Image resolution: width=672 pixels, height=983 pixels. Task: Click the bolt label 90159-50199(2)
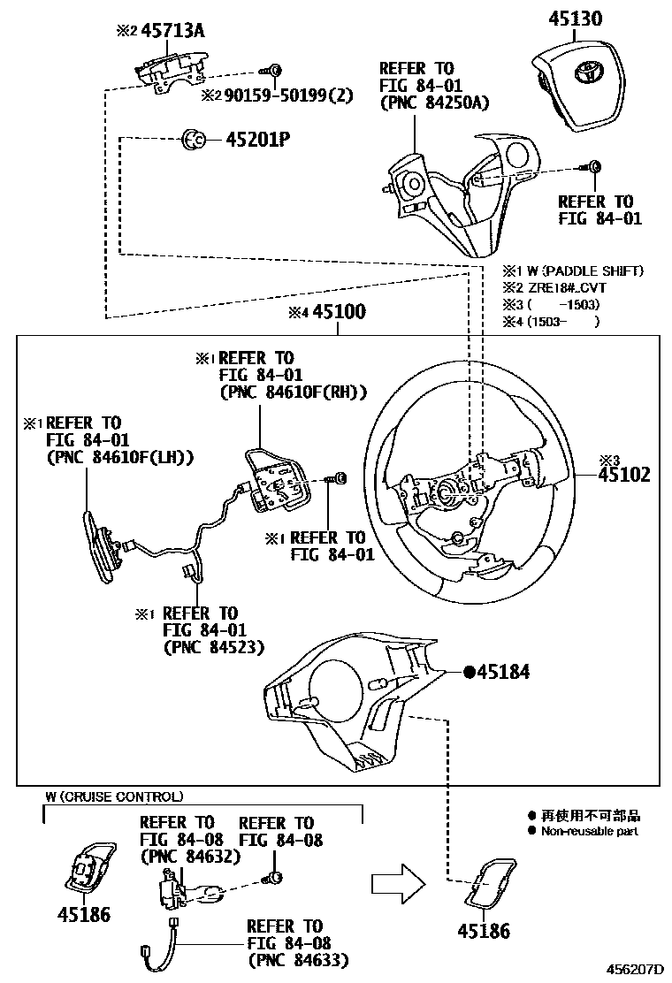[277, 95]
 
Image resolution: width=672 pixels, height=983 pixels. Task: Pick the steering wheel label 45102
[623, 475]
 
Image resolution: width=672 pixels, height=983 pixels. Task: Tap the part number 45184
[503, 673]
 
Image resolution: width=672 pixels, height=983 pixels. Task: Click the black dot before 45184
[470, 673]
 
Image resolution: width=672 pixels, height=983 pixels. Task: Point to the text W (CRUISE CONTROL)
[115, 796]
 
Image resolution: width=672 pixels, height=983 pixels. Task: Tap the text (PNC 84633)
[298, 959]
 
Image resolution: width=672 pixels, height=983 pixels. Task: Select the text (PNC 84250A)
[434, 102]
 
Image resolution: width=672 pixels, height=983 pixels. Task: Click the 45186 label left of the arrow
[84, 914]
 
